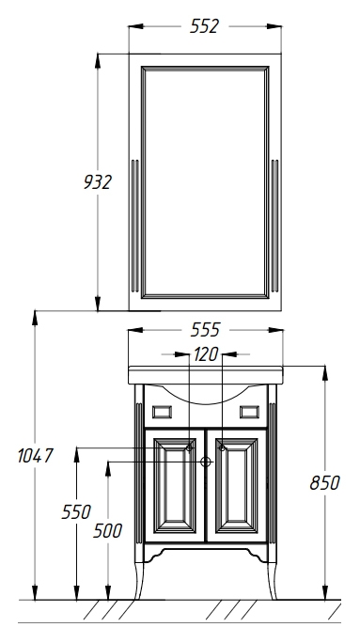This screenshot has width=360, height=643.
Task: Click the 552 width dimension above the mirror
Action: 204,26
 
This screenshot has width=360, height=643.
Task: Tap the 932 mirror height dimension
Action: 98,182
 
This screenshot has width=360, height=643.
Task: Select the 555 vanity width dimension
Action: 205,330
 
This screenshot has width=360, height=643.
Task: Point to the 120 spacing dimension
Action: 206,354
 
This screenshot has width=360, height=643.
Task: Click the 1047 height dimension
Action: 36,456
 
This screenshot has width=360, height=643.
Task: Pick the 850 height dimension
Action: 324,483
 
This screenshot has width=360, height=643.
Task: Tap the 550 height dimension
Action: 76,512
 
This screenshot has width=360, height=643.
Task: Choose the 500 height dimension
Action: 107,530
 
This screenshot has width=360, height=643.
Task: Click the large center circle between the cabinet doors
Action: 206,463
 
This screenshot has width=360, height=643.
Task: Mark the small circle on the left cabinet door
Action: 189,448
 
